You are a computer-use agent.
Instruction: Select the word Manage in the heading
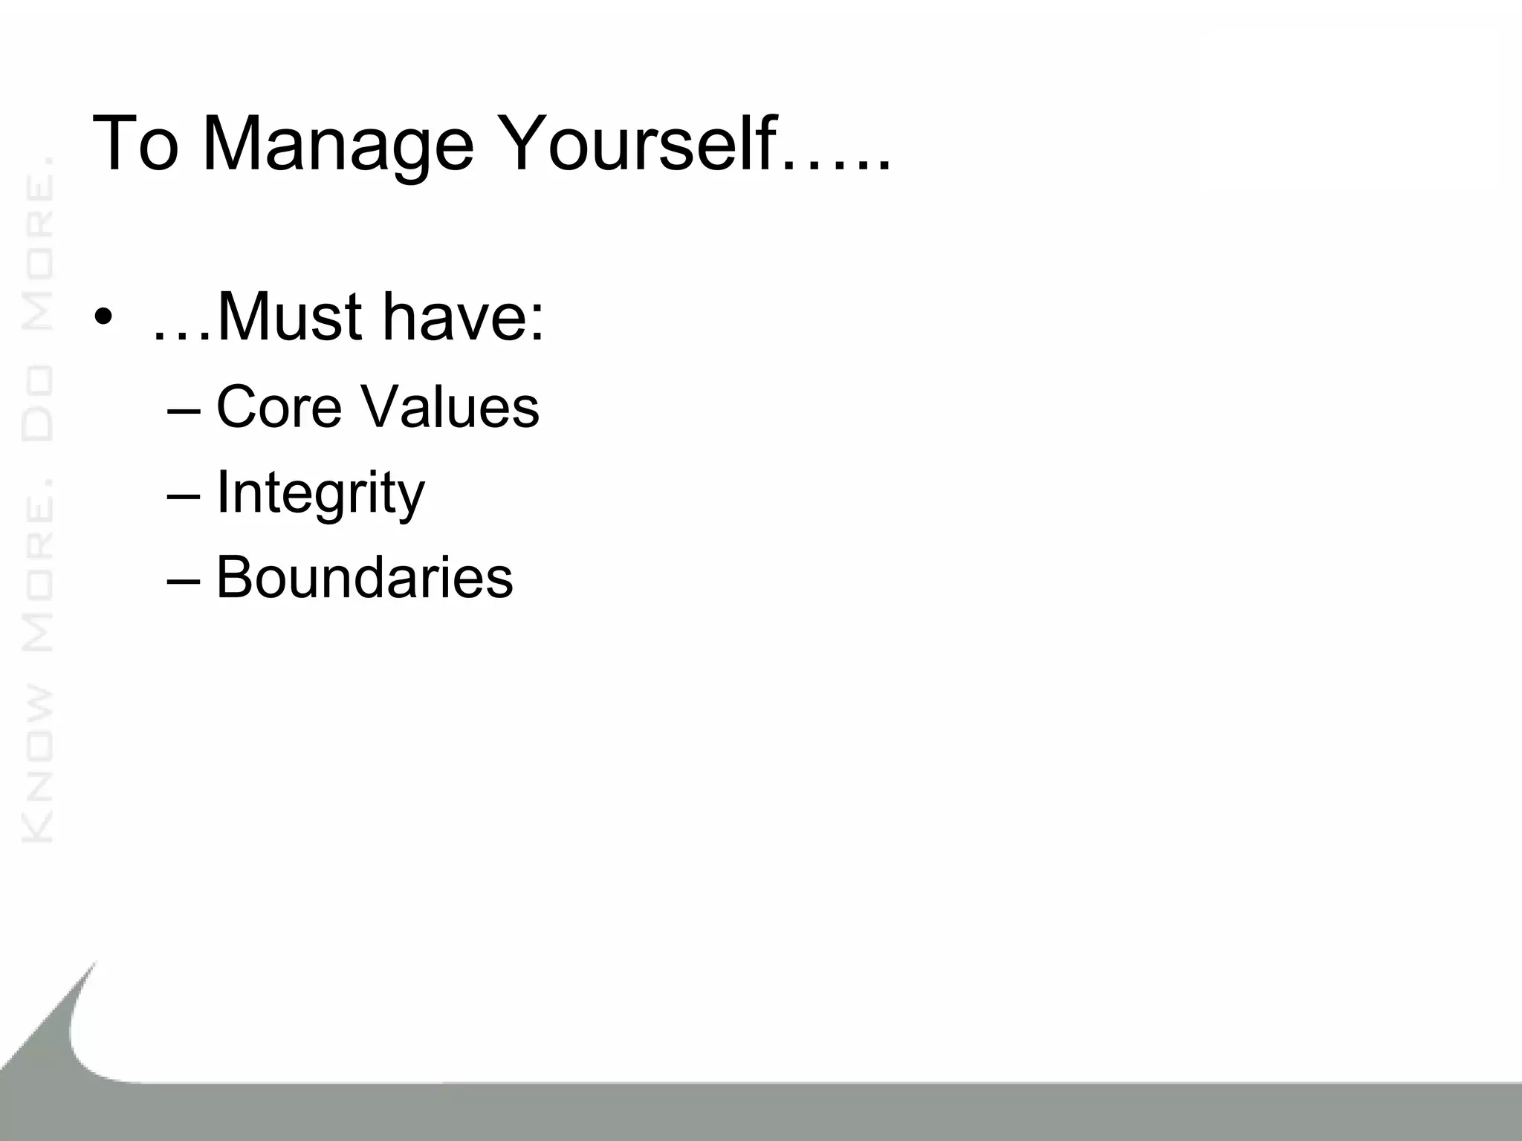[x=337, y=145]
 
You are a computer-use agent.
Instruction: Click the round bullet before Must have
[x=103, y=319]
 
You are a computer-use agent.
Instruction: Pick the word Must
[x=291, y=317]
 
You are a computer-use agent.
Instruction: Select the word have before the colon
[x=454, y=317]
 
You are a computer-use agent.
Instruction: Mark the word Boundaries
[x=364, y=577]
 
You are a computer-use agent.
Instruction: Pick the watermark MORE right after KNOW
[x=37, y=579]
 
